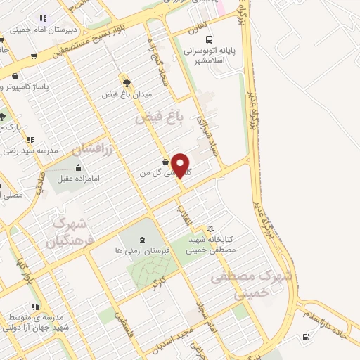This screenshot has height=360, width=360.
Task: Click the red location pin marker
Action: pyautogui.click(x=181, y=166)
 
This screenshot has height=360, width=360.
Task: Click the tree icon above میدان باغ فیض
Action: pyautogui.click(x=127, y=82)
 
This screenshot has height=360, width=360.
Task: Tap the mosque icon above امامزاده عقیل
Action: pyautogui.click(x=78, y=168)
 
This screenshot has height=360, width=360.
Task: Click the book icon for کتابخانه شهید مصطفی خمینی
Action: pyautogui.click(x=210, y=229)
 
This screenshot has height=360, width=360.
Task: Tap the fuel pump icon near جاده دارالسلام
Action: pyautogui.click(x=305, y=336)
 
